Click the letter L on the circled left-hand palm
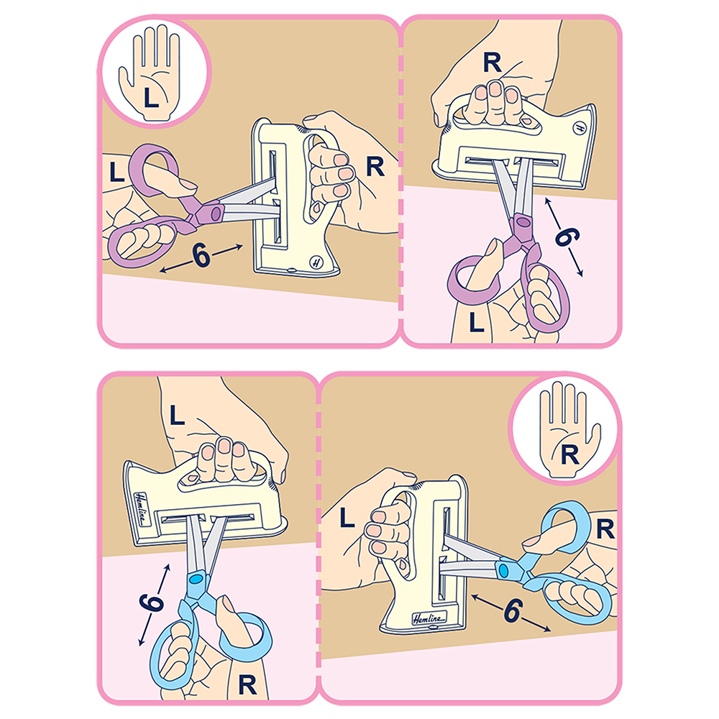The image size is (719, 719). [x=151, y=97]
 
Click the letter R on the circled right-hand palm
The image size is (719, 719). [x=570, y=455]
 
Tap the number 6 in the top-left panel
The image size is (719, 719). [x=201, y=255]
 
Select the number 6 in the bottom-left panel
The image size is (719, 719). [x=151, y=602]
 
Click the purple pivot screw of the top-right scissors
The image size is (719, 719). [x=522, y=223]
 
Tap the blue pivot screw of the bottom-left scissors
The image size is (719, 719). [x=196, y=580]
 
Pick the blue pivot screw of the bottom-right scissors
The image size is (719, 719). [x=503, y=571]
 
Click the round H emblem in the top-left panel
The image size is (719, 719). [x=316, y=262]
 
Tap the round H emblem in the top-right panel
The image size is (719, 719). [x=579, y=128]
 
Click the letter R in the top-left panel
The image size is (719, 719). [x=375, y=167]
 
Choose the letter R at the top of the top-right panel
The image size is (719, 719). [x=492, y=63]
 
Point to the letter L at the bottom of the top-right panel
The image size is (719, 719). [x=477, y=321]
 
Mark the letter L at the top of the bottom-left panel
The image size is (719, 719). [x=177, y=416]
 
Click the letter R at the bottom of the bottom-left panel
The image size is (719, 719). [x=247, y=685]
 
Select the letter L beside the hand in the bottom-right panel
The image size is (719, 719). [x=347, y=518]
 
